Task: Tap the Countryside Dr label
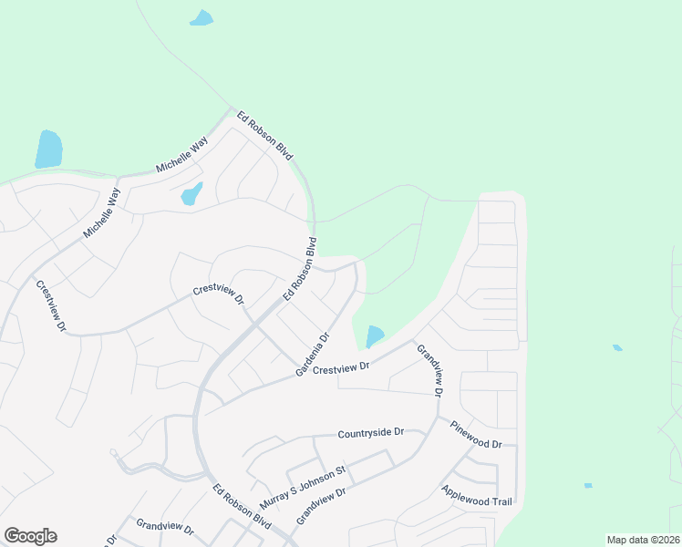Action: (x=370, y=434)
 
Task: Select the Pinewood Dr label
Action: (x=476, y=434)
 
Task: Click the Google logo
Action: (x=30, y=536)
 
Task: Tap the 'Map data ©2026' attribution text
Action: (x=642, y=540)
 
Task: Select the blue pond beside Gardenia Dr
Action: (x=375, y=336)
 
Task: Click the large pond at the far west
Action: (x=48, y=150)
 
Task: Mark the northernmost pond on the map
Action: (x=201, y=17)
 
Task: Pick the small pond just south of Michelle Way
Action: (x=191, y=194)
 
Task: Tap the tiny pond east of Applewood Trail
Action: (x=588, y=485)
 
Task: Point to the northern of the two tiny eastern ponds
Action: (x=617, y=347)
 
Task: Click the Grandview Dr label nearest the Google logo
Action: (x=165, y=528)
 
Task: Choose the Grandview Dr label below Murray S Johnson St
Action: (x=322, y=506)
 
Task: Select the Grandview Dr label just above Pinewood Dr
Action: (x=429, y=369)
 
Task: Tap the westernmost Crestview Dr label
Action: (x=52, y=304)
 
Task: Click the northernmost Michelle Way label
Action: (x=182, y=155)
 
